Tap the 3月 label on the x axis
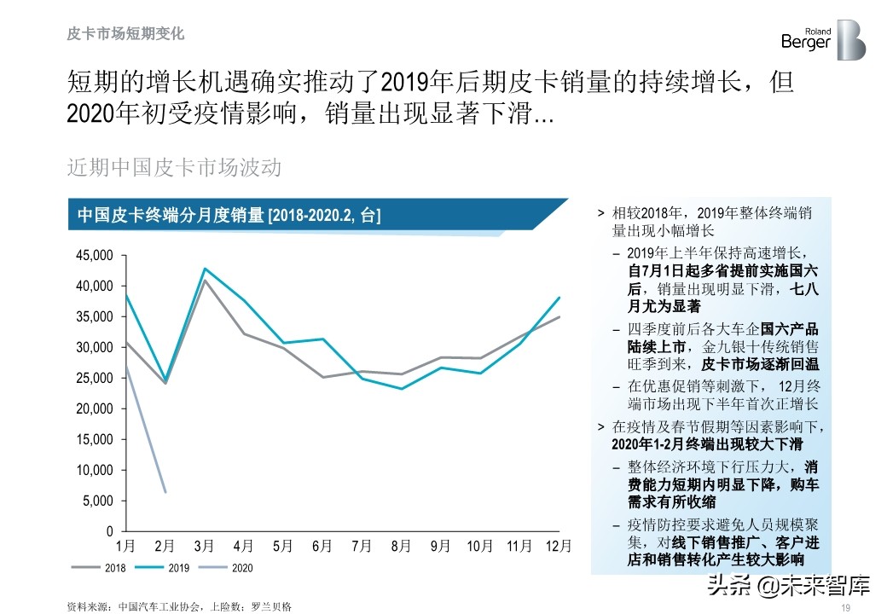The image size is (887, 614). (x=204, y=546)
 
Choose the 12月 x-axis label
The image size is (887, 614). (x=558, y=546)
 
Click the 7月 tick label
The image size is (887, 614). (x=362, y=546)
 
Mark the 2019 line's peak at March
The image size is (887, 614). (x=205, y=269)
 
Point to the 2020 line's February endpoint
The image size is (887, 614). (x=165, y=492)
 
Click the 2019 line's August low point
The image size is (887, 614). (x=401, y=389)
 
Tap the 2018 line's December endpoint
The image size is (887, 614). (x=559, y=316)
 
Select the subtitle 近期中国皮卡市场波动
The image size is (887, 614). (x=174, y=167)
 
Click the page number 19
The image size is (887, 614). (x=847, y=607)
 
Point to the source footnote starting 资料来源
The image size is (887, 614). (x=179, y=606)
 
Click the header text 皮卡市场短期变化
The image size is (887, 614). (x=125, y=34)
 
